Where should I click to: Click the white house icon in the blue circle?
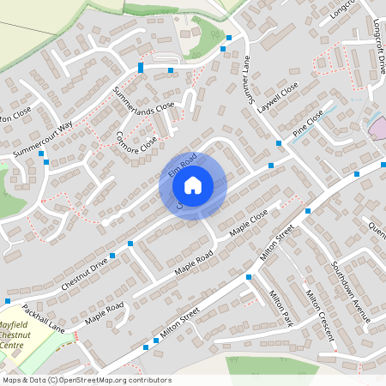[193, 184]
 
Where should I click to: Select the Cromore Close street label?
[137, 136]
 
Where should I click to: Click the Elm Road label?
[183, 165]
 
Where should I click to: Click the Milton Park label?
[280, 307]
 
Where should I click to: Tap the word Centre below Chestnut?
[13, 345]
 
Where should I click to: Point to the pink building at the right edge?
[378, 129]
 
